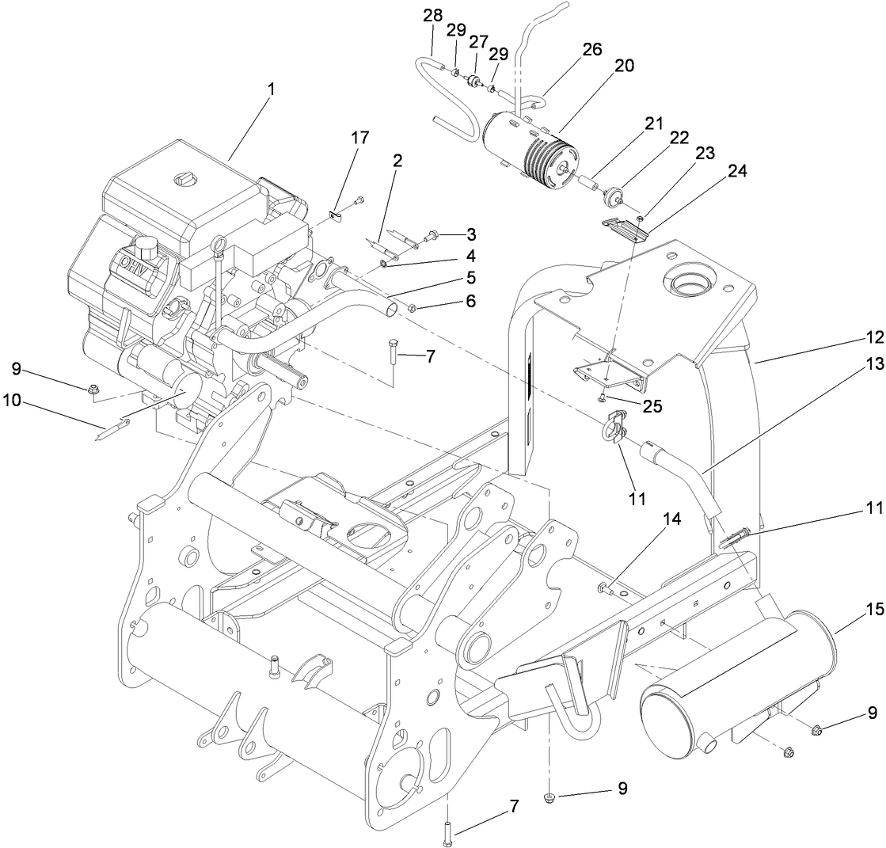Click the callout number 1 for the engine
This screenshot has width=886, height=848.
(x=271, y=89)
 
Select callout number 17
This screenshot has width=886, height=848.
(x=360, y=138)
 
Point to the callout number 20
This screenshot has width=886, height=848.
(x=625, y=67)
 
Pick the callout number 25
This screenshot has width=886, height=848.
(x=652, y=406)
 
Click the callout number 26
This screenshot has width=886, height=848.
(x=592, y=49)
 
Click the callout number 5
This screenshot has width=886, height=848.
(x=470, y=278)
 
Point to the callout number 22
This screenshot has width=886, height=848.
(x=679, y=137)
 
